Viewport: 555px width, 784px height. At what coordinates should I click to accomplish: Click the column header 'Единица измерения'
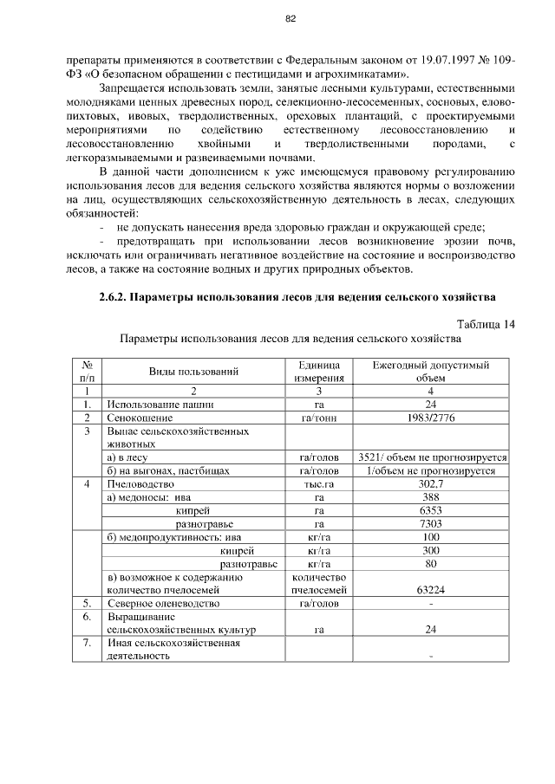tap(319, 372)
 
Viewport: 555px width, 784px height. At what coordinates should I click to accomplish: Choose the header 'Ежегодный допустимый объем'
tap(431, 372)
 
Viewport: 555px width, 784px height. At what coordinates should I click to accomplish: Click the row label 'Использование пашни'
tap(160, 404)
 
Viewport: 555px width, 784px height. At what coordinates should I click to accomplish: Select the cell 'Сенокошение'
tap(140, 418)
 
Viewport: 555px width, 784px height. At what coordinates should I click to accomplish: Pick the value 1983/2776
tap(431, 418)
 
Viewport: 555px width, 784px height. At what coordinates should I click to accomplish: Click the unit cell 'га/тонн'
tap(319, 418)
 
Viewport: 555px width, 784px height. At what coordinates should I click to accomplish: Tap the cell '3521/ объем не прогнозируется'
tap(432, 457)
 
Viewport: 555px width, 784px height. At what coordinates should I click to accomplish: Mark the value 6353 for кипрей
tap(431, 511)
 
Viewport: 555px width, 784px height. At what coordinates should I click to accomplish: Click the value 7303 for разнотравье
tap(431, 524)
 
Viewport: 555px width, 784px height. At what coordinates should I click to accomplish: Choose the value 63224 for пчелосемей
tap(431, 590)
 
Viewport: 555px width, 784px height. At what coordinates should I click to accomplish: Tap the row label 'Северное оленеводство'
tap(163, 603)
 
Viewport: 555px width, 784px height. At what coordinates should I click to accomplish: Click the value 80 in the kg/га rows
tap(431, 564)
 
